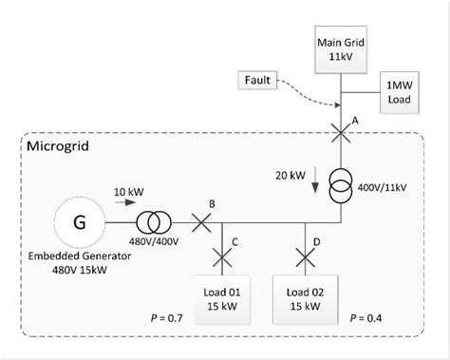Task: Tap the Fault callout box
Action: (x=259, y=83)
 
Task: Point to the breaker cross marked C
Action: (x=223, y=256)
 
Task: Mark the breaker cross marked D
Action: (x=304, y=256)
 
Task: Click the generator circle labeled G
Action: (x=79, y=224)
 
